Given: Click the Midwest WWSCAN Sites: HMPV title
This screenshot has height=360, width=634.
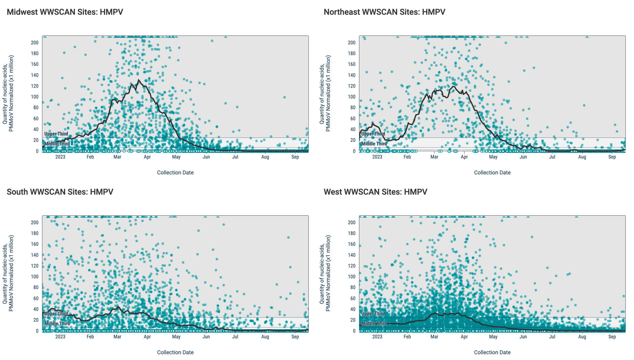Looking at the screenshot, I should [x=65, y=12].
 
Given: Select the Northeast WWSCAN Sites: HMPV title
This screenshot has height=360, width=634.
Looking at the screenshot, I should [x=384, y=12].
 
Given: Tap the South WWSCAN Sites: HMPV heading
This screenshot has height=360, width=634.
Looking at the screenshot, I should [x=60, y=192].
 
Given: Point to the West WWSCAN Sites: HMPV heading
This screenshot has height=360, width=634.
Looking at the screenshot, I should [x=375, y=192].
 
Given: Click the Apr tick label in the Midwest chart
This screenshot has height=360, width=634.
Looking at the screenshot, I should [x=147, y=157].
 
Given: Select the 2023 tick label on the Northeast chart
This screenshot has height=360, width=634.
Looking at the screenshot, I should [x=377, y=157].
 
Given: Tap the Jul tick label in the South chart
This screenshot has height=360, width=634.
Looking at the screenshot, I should [x=235, y=337].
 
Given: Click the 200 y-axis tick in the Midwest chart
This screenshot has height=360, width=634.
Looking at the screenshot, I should [x=35, y=43].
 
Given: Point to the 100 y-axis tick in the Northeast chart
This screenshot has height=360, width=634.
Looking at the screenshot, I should [x=352, y=97].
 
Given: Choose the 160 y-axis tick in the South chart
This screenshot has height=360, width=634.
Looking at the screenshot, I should [x=35, y=244].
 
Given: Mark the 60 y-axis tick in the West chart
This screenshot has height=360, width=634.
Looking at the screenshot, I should [x=353, y=298].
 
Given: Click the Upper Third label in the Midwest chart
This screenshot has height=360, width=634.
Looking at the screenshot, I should [x=56, y=134].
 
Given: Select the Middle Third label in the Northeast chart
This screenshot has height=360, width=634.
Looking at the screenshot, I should [x=374, y=144].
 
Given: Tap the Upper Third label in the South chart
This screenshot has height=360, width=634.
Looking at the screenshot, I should [x=56, y=314].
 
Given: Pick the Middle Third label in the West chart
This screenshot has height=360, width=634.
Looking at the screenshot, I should [x=374, y=324].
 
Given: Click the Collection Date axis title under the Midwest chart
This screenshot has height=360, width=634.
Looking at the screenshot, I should [x=175, y=173].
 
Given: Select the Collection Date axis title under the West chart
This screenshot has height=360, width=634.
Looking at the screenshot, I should [x=492, y=352].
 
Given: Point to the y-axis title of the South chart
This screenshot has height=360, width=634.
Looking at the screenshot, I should [x=8, y=273].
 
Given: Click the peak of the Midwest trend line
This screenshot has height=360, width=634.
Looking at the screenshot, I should [x=139, y=80].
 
